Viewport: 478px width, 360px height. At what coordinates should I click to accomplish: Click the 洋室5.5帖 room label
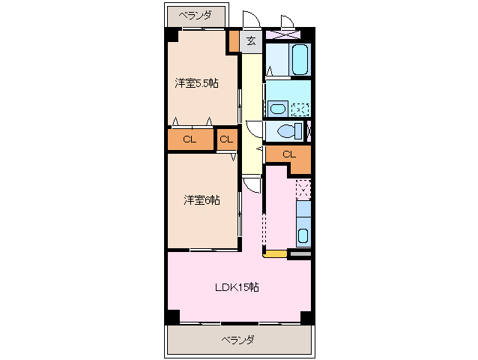click(x=197, y=83)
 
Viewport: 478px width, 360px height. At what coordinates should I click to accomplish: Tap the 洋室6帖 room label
click(x=202, y=199)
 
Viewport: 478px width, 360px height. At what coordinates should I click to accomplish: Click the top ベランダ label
click(x=195, y=15)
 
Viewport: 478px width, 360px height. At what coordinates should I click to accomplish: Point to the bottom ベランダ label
click(x=238, y=340)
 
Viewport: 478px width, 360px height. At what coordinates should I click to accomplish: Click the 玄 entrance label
click(x=251, y=41)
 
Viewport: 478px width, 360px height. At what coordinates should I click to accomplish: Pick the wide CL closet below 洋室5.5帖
click(x=190, y=139)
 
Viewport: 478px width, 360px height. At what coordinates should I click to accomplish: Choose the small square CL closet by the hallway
click(x=226, y=139)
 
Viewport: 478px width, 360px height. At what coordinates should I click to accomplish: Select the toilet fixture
click(x=287, y=131)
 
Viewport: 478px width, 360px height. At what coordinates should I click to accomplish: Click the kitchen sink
click(x=303, y=235)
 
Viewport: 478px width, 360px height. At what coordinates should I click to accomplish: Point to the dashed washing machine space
click(x=300, y=108)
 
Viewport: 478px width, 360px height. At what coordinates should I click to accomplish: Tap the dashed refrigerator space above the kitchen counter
click(x=303, y=189)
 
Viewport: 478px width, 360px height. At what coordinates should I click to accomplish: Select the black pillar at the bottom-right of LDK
click(x=306, y=318)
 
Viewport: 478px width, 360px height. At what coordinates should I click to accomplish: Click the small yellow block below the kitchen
click(x=276, y=255)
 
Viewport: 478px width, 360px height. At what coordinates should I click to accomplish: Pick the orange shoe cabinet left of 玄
click(x=234, y=40)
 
